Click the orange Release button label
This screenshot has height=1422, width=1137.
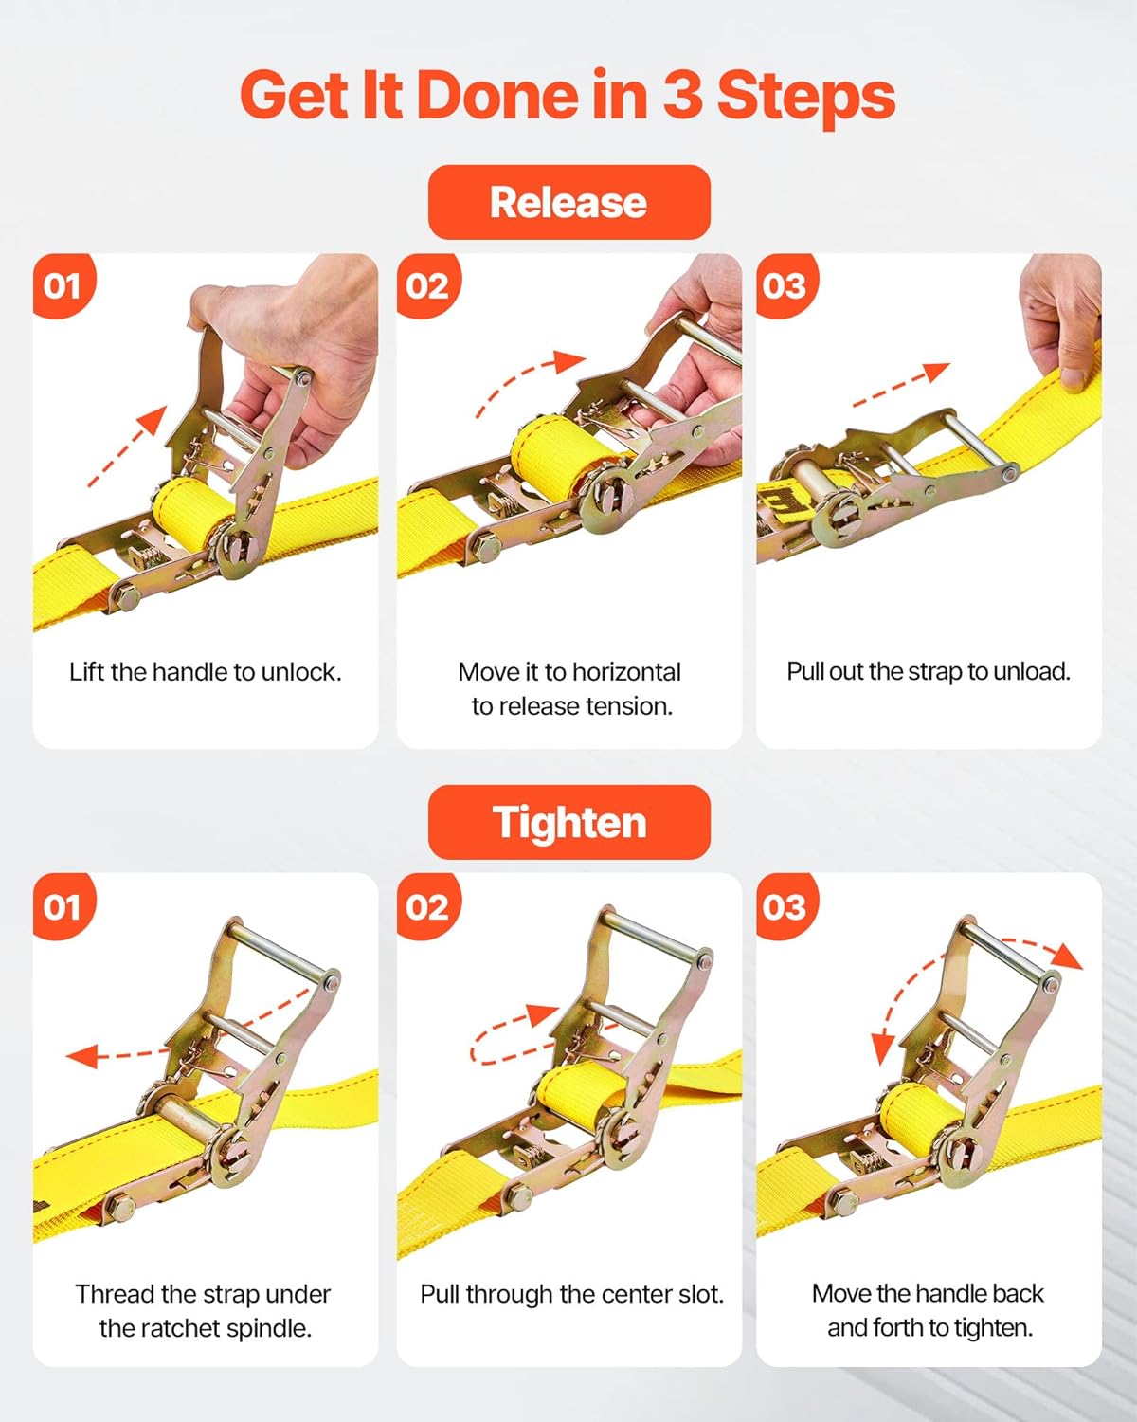[568, 202]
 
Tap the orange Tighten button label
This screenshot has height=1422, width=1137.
[568, 822]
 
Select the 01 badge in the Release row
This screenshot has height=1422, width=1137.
[63, 285]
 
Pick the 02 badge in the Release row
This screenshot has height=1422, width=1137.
[427, 285]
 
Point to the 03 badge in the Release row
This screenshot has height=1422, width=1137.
[785, 285]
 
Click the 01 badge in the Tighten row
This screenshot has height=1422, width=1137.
[63, 907]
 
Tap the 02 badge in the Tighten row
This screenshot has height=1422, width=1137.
[427, 907]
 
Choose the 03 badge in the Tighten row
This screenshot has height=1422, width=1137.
[785, 907]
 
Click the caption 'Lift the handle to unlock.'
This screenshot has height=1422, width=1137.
[205, 672]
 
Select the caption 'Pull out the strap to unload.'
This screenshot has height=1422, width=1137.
[929, 671]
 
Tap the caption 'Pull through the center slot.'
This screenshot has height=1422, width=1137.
[571, 1294]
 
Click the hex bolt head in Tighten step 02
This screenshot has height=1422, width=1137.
[518, 1196]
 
